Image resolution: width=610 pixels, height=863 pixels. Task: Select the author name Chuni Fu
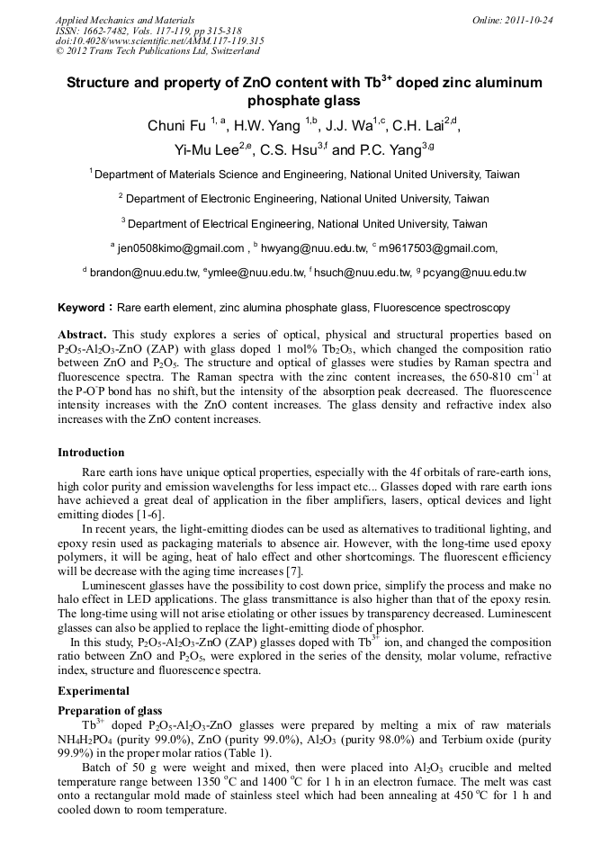(x=176, y=126)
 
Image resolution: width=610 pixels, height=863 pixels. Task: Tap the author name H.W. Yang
(x=264, y=126)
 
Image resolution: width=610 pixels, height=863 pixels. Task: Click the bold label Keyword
(x=86, y=308)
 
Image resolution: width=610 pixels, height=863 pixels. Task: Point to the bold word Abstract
(x=83, y=334)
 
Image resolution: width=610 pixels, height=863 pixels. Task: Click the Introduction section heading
(x=91, y=453)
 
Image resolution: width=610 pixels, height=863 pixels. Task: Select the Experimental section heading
(x=94, y=691)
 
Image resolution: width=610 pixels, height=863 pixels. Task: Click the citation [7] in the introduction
(x=294, y=571)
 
